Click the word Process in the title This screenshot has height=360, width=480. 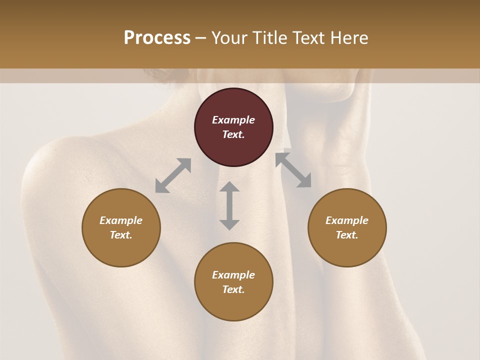(x=157, y=38)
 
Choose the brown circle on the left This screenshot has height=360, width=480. (x=121, y=250)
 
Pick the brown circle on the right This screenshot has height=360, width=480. (x=347, y=250)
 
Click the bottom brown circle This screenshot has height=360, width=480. (x=233, y=305)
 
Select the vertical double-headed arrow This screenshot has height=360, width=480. (x=229, y=205)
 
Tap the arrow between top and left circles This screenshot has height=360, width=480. (x=173, y=175)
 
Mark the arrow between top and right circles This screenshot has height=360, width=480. (x=293, y=170)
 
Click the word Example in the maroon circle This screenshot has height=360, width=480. (x=233, y=120)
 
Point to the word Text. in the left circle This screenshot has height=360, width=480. (x=121, y=235)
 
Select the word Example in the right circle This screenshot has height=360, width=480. (x=347, y=220)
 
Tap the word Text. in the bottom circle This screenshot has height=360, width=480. (x=233, y=289)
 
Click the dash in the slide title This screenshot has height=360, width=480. (x=201, y=38)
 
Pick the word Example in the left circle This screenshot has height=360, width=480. (x=121, y=220)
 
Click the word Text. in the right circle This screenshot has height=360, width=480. (x=347, y=235)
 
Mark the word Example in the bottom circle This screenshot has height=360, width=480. (x=233, y=275)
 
